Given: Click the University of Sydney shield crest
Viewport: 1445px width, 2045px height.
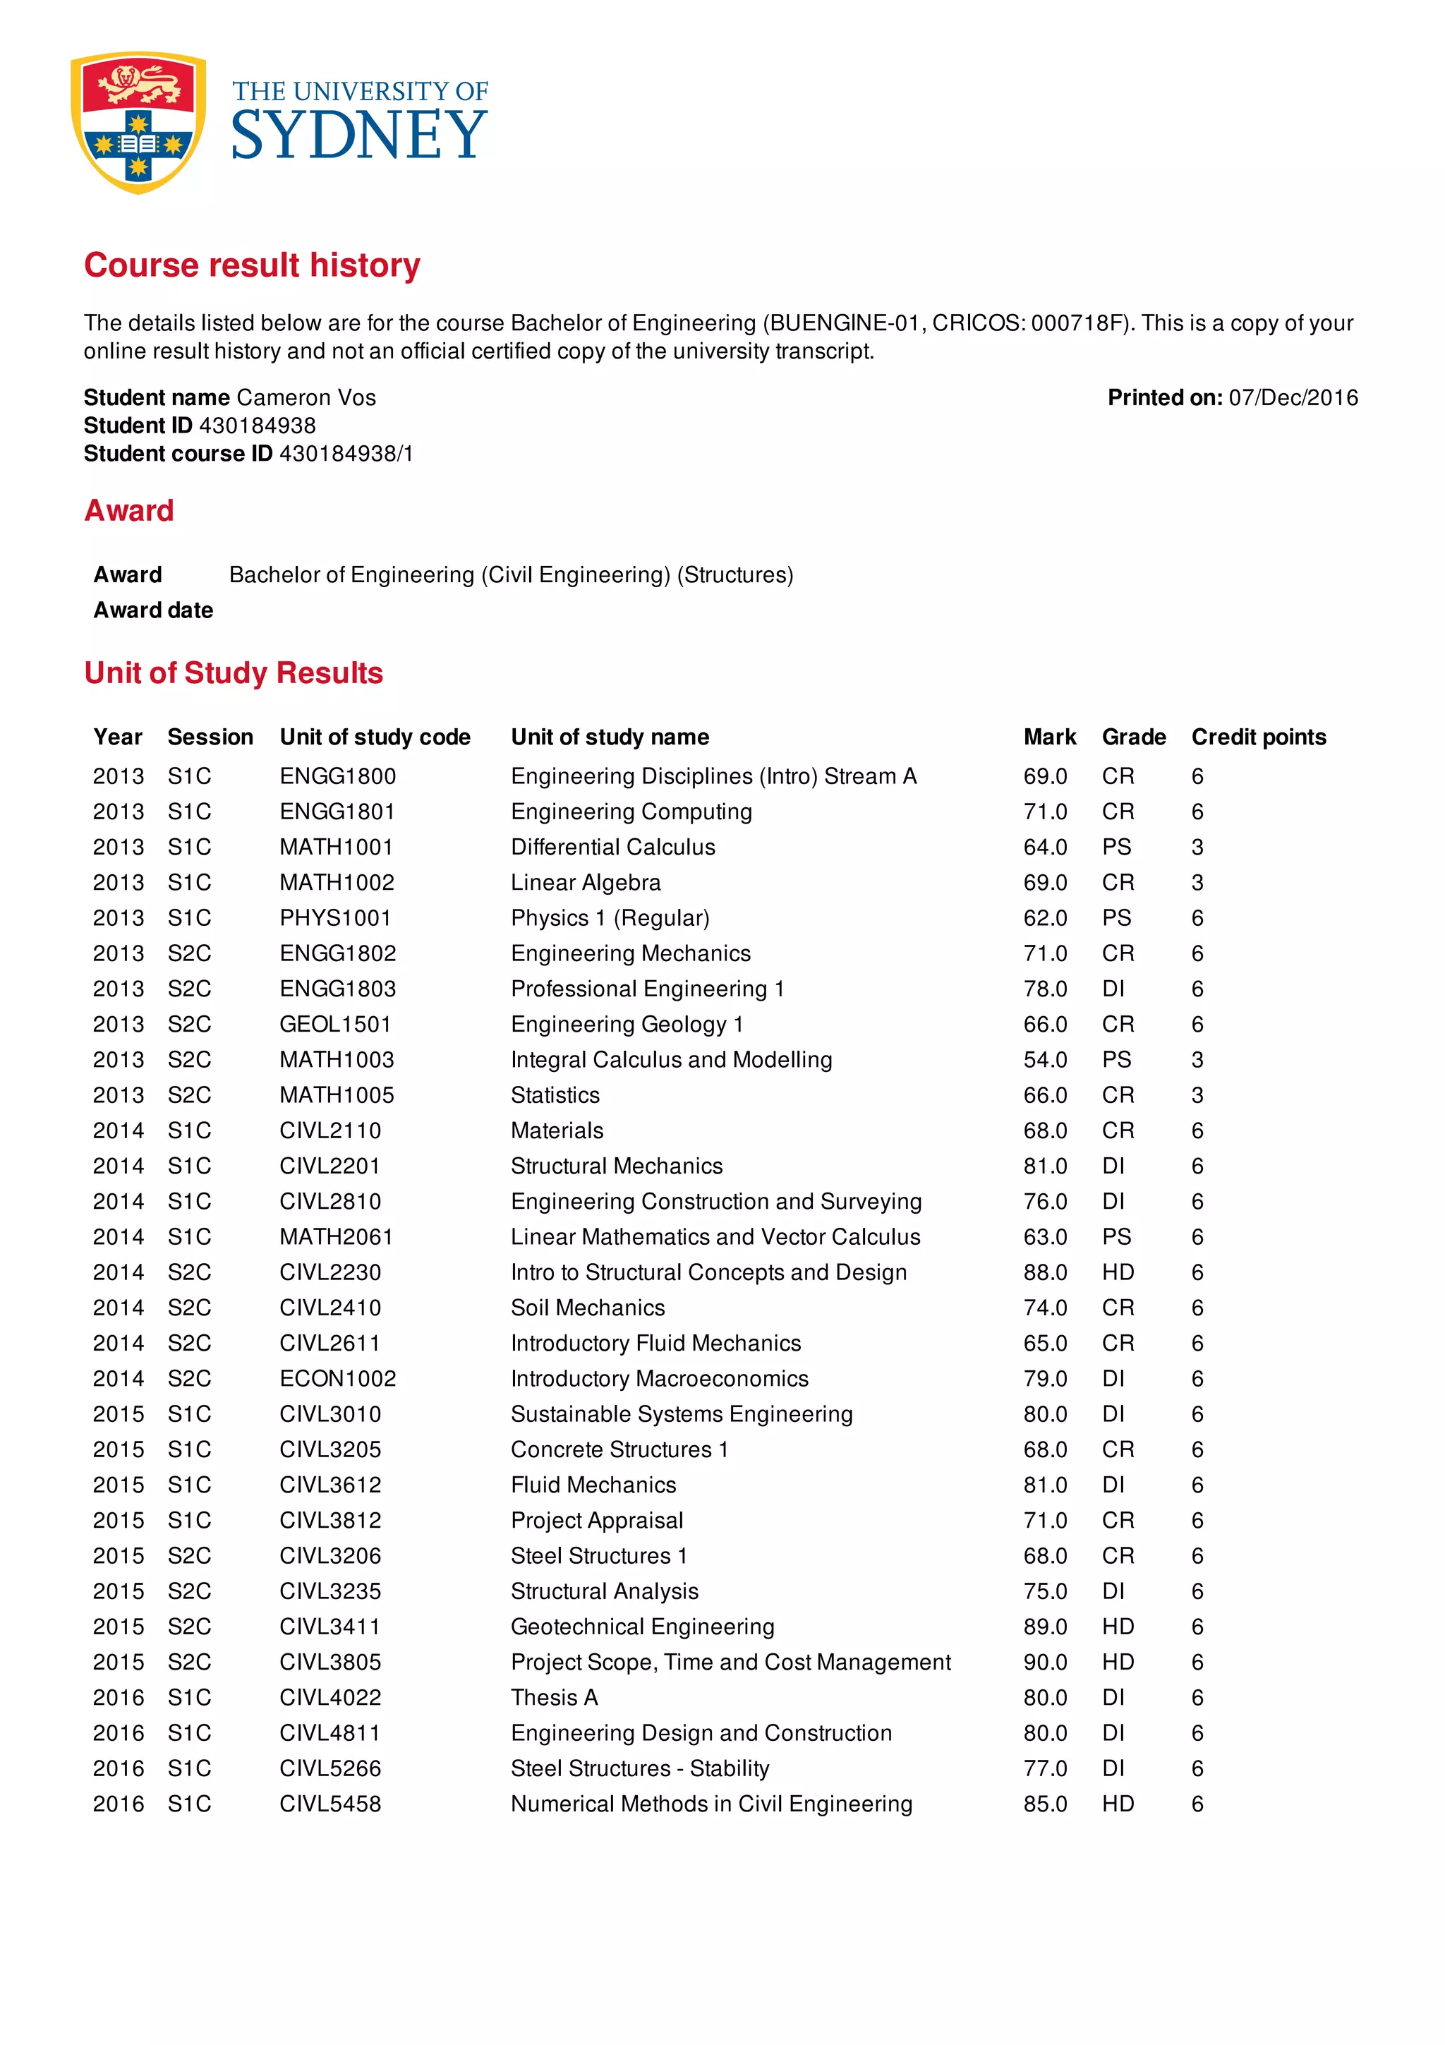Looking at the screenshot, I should [138, 121].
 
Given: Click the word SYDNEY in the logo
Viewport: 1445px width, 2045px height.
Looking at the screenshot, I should [359, 136].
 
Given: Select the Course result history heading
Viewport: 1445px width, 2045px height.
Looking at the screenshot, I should [252, 265].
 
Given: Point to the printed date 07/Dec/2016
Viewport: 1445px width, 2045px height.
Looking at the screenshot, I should [1293, 397].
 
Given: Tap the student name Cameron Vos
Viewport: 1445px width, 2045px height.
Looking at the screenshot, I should [306, 397].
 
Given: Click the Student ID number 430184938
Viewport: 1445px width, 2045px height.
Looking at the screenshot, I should [258, 425].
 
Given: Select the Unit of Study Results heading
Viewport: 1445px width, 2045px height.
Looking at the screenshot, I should [234, 672].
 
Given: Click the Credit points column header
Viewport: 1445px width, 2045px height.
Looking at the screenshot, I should [1258, 737].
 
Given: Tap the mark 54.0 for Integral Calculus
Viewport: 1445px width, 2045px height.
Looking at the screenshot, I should [1044, 1059].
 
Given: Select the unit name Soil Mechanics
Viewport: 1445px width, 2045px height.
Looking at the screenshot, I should [588, 1308].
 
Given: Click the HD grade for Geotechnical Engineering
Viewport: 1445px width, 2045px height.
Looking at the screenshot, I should [1118, 1627].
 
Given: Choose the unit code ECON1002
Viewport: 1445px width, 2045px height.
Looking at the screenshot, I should [337, 1378].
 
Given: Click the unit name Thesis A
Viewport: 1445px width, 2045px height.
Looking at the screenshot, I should [554, 1698].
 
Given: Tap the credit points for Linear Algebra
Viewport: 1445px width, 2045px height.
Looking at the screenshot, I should [1197, 883].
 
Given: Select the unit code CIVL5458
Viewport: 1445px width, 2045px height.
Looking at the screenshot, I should [329, 1804].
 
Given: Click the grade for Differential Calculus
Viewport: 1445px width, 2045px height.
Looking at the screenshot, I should [1116, 847].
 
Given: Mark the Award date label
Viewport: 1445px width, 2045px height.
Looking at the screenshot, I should [153, 610].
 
